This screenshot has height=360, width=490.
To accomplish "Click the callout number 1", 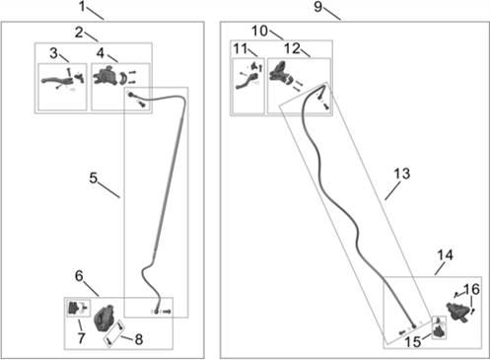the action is click(x=82, y=6).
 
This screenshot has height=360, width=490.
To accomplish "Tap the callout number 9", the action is click(x=317, y=7).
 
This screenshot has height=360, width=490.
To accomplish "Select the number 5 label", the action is click(x=94, y=178).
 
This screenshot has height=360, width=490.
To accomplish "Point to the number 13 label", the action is click(x=402, y=174).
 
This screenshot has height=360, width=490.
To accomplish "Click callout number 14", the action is click(x=446, y=255).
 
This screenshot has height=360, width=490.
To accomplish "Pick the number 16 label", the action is click(x=471, y=289).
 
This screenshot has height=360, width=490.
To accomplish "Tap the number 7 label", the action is click(x=81, y=338).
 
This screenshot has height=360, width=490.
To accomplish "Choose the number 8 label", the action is click(x=139, y=339).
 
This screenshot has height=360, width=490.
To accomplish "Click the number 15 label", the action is click(x=413, y=342).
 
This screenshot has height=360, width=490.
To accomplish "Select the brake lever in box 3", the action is click(x=56, y=81).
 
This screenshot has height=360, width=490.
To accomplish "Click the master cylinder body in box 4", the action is click(x=105, y=76).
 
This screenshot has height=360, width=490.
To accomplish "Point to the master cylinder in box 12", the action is click(x=278, y=72).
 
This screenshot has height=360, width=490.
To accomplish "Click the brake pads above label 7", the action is click(x=74, y=308).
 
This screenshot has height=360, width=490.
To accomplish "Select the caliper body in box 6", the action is click(x=105, y=318).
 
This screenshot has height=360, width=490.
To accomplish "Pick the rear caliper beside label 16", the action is click(x=457, y=311).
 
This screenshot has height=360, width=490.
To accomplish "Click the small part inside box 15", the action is click(x=439, y=330).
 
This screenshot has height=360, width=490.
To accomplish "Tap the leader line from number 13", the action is click(x=392, y=191).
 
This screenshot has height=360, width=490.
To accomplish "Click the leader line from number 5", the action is click(x=108, y=191).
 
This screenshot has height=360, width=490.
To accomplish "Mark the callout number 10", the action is click(x=259, y=31).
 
